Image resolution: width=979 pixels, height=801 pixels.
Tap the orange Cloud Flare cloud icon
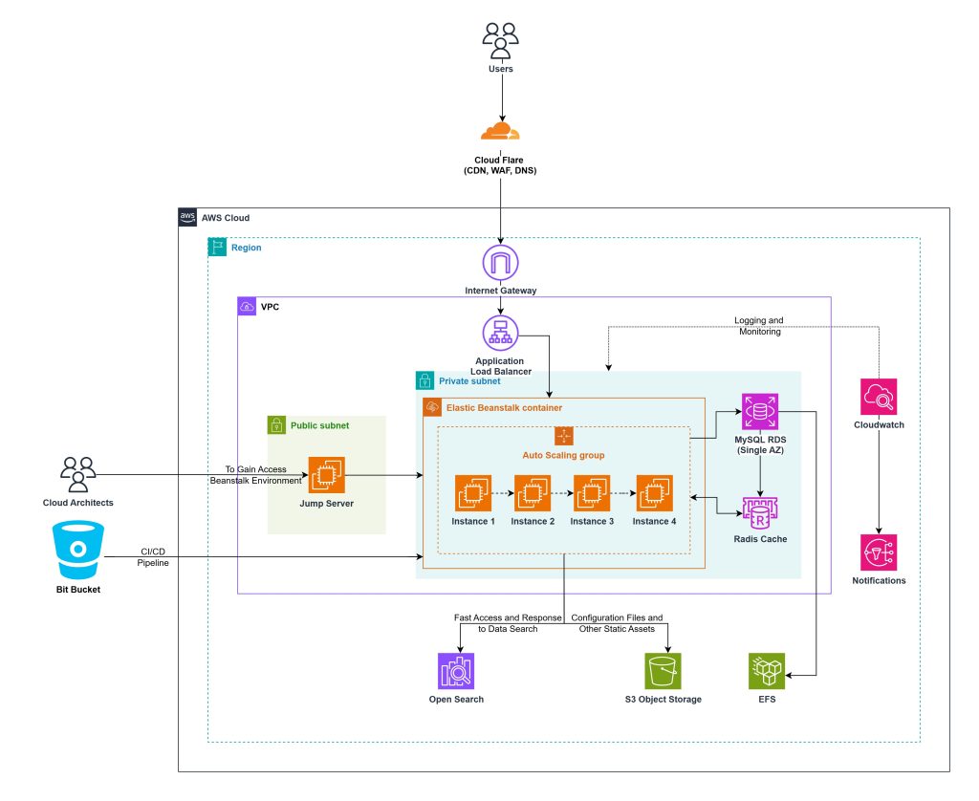click(x=500, y=130)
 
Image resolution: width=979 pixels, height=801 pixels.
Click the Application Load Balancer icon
click(x=500, y=332)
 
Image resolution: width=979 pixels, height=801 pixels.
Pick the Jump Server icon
click(x=326, y=475)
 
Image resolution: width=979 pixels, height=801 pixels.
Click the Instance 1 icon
click(x=473, y=492)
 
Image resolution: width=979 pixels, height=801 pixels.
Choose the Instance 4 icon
click(x=654, y=492)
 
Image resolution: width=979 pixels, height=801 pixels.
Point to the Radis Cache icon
click(x=758, y=512)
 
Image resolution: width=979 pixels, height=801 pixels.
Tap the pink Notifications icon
click(x=878, y=552)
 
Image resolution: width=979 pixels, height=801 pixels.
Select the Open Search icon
click(x=456, y=671)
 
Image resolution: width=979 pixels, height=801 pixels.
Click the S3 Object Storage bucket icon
click(x=663, y=671)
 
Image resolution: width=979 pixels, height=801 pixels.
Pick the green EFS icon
click(x=765, y=671)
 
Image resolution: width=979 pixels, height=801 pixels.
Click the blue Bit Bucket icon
click(x=78, y=548)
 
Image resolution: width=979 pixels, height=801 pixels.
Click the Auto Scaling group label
click(x=563, y=454)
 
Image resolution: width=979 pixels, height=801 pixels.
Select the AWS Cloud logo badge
click(x=187, y=218)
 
